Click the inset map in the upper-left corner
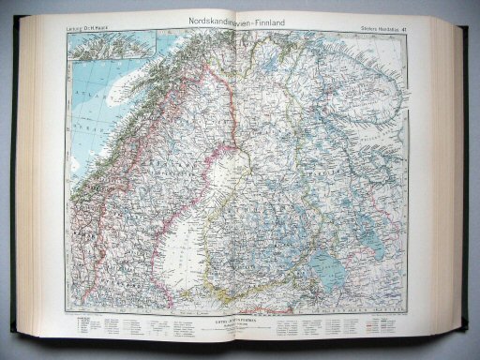(x=103, y=48)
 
